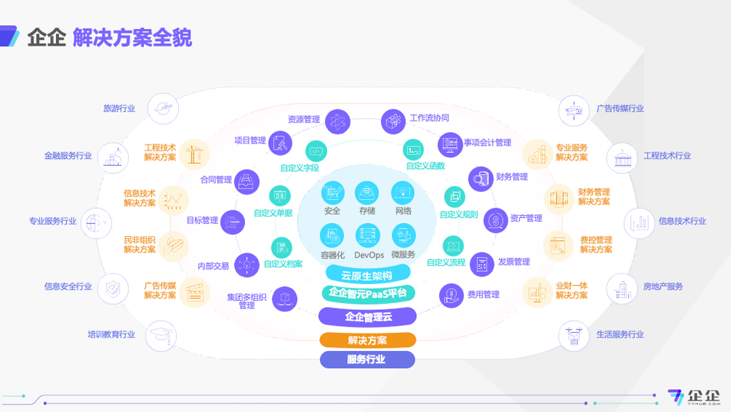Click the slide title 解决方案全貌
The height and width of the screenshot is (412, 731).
(132, 37)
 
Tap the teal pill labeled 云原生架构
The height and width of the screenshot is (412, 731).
(368, 275)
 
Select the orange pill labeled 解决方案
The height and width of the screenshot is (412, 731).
(368, 340)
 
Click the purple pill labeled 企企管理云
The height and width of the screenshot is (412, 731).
(368, 316)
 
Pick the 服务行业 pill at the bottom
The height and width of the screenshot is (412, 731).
(368, 359)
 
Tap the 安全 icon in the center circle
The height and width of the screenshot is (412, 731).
(332, 193)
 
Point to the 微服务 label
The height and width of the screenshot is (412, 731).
(403, 255)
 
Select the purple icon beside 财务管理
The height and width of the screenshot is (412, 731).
(481, 178)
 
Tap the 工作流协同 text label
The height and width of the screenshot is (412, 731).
(429, 118)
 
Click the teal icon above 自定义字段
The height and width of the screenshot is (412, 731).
(316, 150)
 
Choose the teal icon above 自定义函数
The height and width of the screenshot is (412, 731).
(414, 150)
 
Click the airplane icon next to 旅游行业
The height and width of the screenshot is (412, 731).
(162, 108)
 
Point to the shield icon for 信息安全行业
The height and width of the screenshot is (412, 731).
(112, 288)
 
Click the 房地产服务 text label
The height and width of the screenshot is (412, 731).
(663, 287)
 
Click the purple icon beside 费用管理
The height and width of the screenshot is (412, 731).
(451, 294)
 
